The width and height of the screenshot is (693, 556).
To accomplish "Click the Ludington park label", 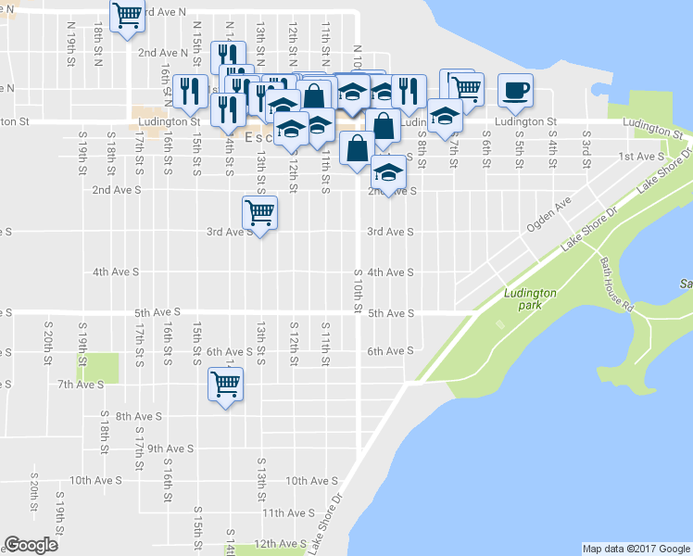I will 530,298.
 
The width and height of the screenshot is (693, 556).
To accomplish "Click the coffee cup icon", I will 516,91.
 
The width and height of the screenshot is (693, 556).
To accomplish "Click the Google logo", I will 31,545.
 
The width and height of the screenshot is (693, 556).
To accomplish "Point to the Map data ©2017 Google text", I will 636,549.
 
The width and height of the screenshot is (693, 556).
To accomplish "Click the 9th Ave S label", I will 170,449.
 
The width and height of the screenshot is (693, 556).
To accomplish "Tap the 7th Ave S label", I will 81,384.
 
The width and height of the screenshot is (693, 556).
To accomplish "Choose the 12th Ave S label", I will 280,543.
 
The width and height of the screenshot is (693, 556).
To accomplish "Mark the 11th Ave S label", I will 287,512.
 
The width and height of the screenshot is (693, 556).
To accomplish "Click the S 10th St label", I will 357,289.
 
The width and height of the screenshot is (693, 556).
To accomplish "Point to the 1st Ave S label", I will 639,157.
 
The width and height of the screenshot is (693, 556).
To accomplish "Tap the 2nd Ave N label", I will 162,53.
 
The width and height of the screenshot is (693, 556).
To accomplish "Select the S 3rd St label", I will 586,145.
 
